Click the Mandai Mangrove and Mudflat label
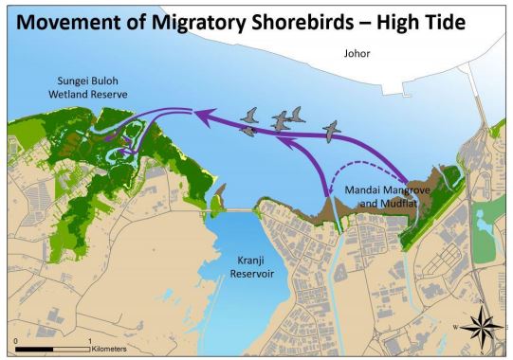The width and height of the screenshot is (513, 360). pos(374,195)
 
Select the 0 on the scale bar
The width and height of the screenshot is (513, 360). pos(16,339)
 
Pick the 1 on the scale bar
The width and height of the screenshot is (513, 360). pos(89,339)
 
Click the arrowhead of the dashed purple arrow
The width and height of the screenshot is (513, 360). pos(328,196)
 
